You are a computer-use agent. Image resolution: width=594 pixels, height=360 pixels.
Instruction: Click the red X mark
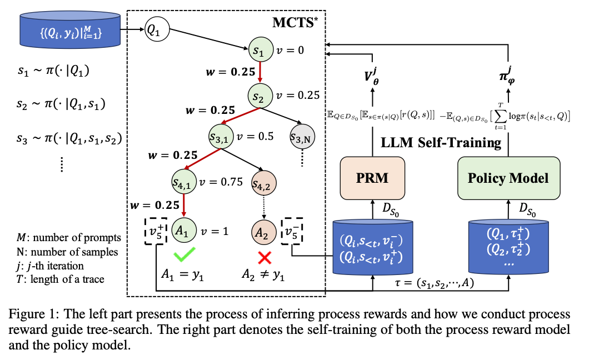pos(264,256)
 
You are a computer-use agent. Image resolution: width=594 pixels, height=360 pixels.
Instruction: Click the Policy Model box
pos(507,178)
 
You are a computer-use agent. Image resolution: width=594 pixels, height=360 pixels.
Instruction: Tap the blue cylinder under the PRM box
pos(372,248)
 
